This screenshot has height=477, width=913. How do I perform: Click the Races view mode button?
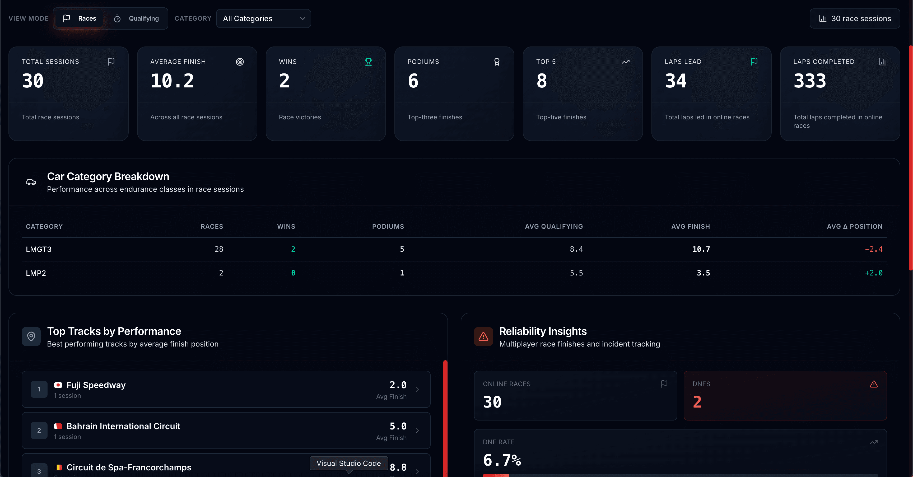(x=80, y=18)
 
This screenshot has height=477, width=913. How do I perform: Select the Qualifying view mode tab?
(x=137, y=18)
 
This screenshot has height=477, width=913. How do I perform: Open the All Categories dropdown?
(x=263, y=18)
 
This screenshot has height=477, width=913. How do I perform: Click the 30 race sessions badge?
(x=855, y=18)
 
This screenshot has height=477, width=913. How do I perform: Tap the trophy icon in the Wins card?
(x=368, y=62)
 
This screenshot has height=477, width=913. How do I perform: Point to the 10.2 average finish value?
(x=172, y=81)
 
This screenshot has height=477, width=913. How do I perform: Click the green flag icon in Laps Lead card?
(x=754, y=62)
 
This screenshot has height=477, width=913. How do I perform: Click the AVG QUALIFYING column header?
(x=554, y=226)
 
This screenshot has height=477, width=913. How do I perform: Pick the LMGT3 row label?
(x=39, y=249)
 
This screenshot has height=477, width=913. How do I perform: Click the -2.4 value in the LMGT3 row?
(x=873, y=249)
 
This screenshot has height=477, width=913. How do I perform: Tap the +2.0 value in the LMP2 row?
(x=873, y=273)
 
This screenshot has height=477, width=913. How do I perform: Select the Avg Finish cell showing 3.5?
(x=703, y=273)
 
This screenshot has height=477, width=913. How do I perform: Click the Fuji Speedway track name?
(x=96, y=385)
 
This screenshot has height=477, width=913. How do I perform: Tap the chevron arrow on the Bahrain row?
(x=417, y=431)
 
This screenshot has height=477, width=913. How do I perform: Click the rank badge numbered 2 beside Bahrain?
(x=39, y=431)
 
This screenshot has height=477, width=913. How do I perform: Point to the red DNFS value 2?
(x=697, y=402)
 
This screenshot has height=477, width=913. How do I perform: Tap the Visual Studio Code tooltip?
(x=348, y=463)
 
